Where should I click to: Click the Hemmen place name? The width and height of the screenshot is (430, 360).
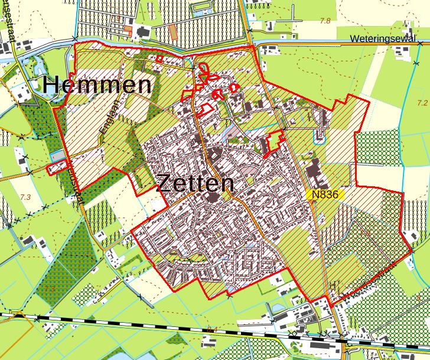pyautogui.click(x=96, y=85)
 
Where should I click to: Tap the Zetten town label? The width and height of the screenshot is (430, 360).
pyautogui.click(x=195, y=184)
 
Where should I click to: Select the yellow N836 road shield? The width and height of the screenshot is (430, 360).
pyautogui.click(x=326, y=194)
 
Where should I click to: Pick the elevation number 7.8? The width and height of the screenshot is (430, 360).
pyautogui.click(x=325, y=21)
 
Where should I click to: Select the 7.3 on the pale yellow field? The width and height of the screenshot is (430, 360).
pyautogui.click(x=25, y=197)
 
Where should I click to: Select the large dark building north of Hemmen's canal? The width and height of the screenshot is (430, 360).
pyautogui.click(x=142, y=33)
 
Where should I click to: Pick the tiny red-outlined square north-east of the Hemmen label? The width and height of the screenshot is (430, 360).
pyautogui.click(x=159, y=58)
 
